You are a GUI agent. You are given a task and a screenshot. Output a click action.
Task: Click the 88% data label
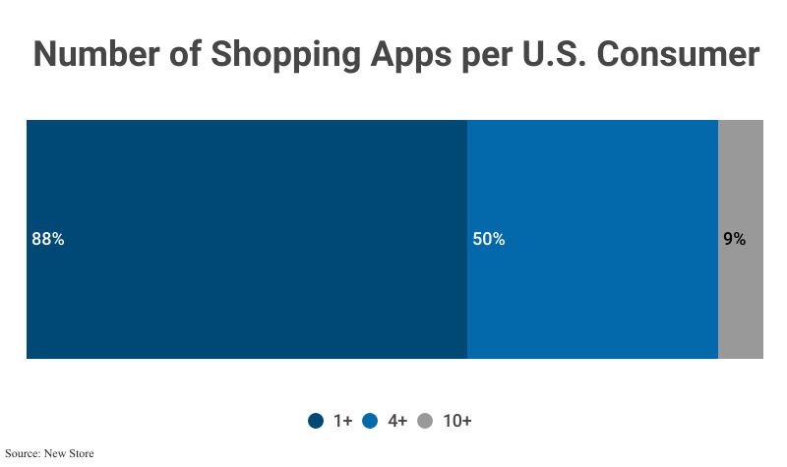48,239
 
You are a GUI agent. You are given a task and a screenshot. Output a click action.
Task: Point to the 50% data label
489,239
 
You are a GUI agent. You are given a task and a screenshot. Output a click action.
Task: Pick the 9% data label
734,239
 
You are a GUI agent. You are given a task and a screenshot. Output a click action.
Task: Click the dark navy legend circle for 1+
316,421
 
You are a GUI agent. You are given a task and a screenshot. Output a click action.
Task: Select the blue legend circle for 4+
371,421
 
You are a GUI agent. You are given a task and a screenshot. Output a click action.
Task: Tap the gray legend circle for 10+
425,421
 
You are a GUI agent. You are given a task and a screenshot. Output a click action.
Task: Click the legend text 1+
342,421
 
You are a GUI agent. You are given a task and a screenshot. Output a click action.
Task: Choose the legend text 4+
397,421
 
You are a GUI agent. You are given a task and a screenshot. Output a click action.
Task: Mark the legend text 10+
456,421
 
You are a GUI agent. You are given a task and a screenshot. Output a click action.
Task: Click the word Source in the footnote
23,454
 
